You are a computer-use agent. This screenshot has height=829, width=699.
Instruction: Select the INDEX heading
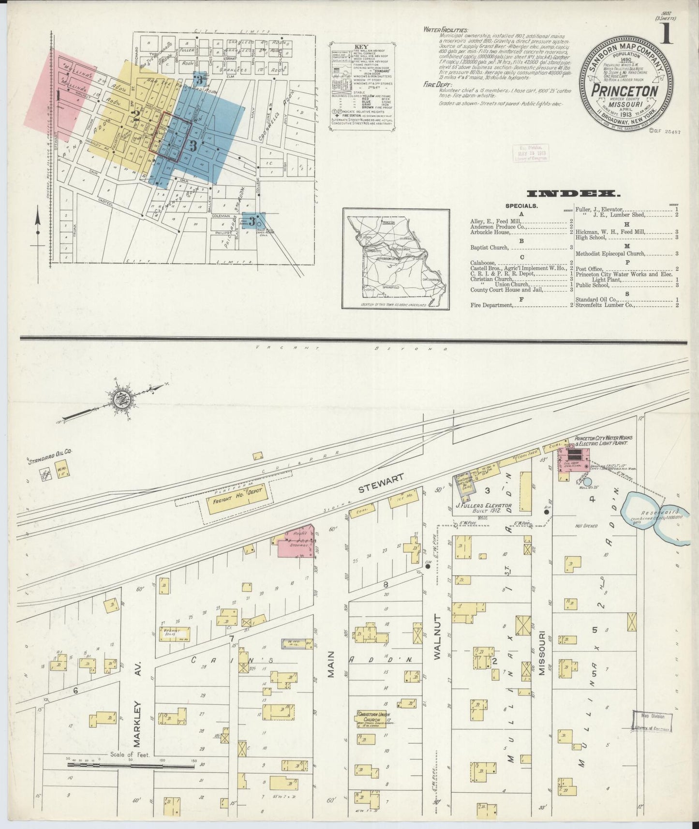click(574, 194)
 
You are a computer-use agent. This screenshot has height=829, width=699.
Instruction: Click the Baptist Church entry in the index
click(490, 247)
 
